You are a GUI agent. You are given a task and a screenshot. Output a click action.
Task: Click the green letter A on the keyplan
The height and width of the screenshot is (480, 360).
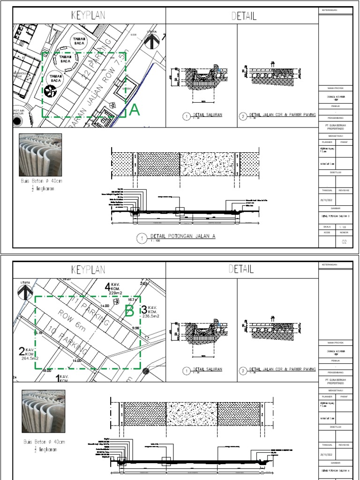click(x=135, y=110)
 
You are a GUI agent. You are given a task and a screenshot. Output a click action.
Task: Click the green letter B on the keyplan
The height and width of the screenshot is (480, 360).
click(x=129, y=311)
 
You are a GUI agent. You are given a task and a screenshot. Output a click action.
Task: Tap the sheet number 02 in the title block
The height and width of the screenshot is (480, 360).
click(x=344, y=242)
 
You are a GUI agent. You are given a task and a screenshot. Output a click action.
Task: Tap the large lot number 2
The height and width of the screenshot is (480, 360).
click(x=22, y=352)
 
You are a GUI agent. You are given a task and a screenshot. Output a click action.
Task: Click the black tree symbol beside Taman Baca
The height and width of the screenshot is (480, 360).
click(x=50, y=92)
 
